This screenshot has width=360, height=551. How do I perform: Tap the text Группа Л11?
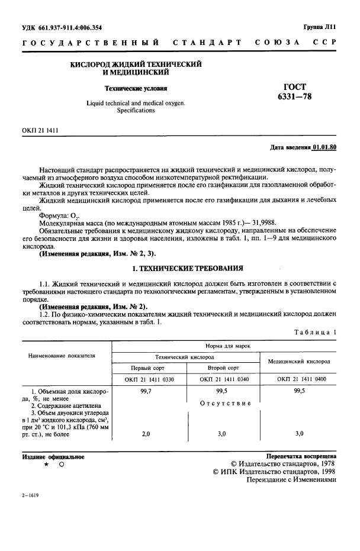click(x=320, y=27)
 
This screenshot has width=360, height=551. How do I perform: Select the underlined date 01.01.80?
click(x=325, y=146)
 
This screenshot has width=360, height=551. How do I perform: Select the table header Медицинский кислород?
click(x=299, y=360)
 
